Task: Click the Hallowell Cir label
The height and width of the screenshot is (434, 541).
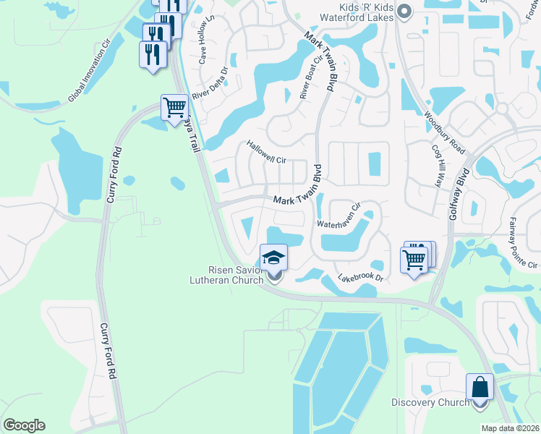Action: [x=267, y=152]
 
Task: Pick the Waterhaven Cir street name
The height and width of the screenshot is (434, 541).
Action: [x=338, y=217]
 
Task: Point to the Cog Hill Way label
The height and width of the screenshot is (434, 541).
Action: [x=438, y=171]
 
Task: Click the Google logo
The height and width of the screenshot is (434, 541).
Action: [x=25, y=425]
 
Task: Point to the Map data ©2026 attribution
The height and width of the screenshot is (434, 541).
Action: [x=510, y=428]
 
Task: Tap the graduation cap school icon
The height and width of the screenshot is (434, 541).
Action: [x=274, y=258]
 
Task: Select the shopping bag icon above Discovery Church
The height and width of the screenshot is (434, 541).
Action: [x=480, y=387]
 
